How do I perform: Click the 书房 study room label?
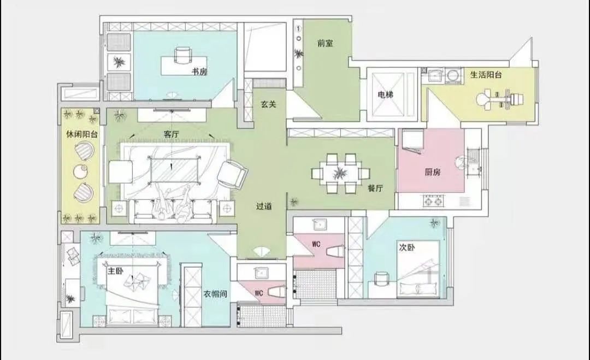pyautogui.click(x=200, y=72)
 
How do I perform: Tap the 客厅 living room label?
pyautogui.click(x=171, y=134)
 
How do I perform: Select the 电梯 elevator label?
pyautogui.click(x=386, y=95)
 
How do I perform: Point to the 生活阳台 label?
pyautogui.click(x=486, y=74)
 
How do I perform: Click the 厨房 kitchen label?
pyautogui.click(x=432, y=172)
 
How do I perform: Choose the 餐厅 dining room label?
pyautogui.click(x=375, y=188)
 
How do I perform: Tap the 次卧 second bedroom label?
pyautogui.click(x=407, y=248)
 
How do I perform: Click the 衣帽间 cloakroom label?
pyautogui.click(x=215, y=294)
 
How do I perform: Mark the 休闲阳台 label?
pyautogui.click(x=82, y=134)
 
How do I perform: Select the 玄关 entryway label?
pyautogui.click(x=269, y=104)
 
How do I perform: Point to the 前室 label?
pyautogui.click(x=325, y=43)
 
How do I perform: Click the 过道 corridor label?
pyautogui.click(x=264, y=206)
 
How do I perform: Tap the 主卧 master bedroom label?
pyautogui.click(x=115, y=271)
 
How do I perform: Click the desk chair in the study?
pyautogui.click(x=183, y=56)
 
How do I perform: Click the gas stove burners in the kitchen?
pyautogui.click(x=433, y=201)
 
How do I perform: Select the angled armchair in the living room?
pyautogui.click(x=232, y=174)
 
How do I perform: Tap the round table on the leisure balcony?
pyautogui.click(x=81, y=172)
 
